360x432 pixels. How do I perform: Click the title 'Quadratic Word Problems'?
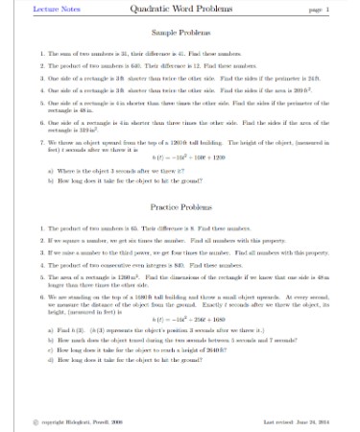pos(180,9)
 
